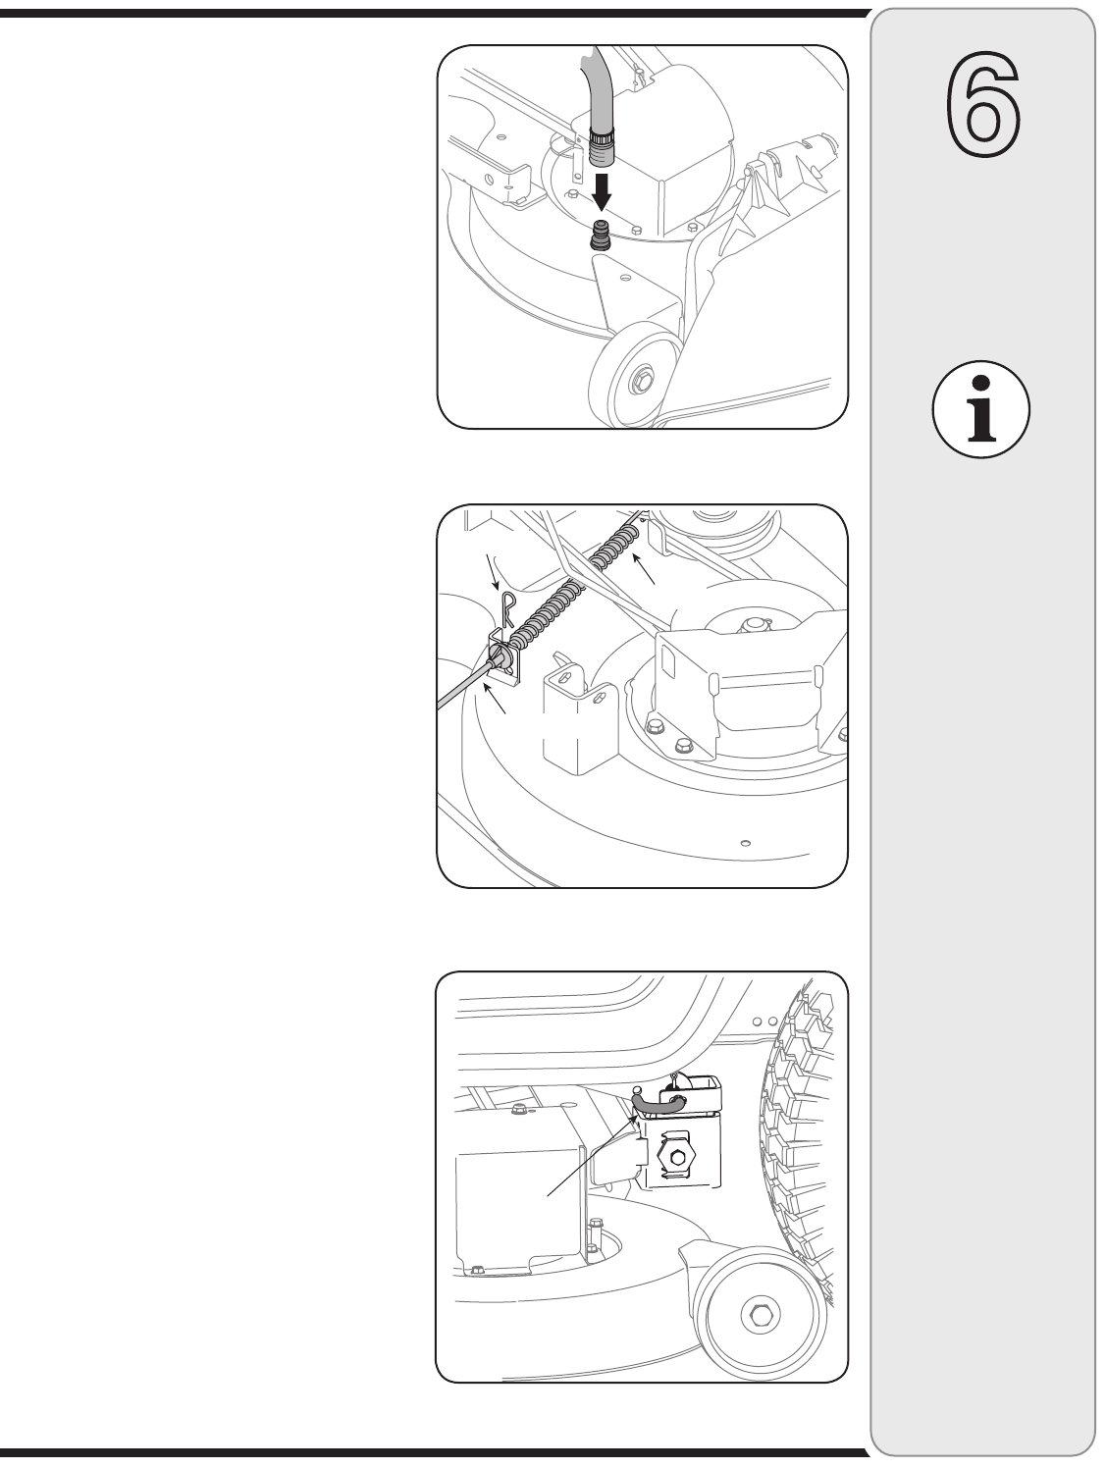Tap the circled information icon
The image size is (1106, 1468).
click(980, 409)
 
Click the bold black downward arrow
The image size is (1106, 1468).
click(603, 192)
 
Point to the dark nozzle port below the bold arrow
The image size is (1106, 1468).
click(602, 235)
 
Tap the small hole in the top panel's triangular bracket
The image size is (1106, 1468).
click(626, 277)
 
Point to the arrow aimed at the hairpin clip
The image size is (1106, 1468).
click(492, 572)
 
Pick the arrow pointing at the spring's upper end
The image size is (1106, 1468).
click(643, 568)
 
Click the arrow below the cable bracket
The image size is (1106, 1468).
click(495, 702)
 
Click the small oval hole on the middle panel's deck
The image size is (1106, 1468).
click(746, 843)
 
